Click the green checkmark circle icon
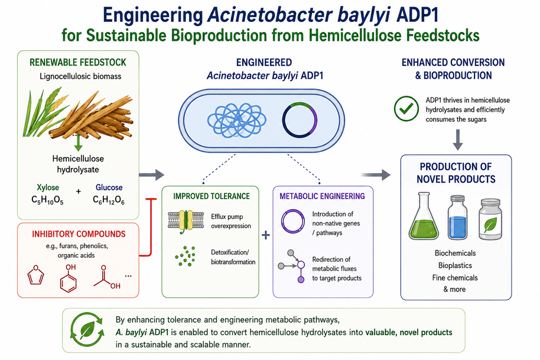(x=406, y=109)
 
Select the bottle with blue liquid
(x=458, y=217)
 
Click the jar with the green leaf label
(x=490, y=219)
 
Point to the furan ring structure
(x=35, y=274)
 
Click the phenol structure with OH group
(x=69, y=278)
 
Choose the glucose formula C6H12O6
(x=109, y=200)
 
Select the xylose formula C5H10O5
(x=47, y=200)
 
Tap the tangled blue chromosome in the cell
(x=236, y=120)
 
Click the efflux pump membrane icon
(x=186, y=221)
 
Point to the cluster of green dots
(x=186, y=256)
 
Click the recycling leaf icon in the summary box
(x=87, y=330)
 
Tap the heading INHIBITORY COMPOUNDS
(x=79, y=234)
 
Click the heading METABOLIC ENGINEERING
(x=322, y=196)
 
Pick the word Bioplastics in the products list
(x=455, y=265)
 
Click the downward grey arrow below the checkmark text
(x=458, y=140)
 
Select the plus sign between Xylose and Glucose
(x=79, y=191)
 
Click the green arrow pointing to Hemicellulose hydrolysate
(x=79, y=142)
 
